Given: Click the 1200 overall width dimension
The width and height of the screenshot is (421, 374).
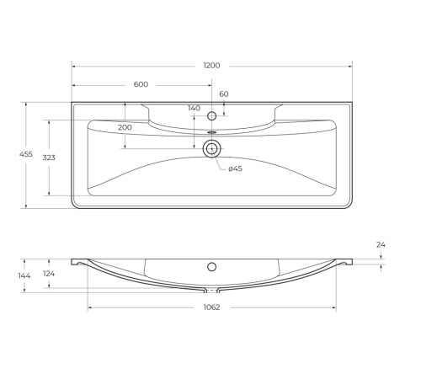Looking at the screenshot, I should (x=211, y=66).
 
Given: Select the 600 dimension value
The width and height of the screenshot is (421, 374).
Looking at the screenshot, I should (x=141, y=84).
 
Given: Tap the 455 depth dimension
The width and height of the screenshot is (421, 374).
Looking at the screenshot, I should (x=12, y=154).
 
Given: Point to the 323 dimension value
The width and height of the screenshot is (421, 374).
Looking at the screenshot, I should (x=37, y=158).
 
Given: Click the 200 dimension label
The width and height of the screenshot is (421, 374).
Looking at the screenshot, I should (x=125, y=127).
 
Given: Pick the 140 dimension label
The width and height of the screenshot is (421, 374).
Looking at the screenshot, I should (x=195, y=109).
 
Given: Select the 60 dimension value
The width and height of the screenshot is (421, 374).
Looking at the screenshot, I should (x=224, y=94).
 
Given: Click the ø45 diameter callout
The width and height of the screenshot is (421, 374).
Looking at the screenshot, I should (x=236, y=169).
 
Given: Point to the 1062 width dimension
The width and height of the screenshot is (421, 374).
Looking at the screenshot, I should (x=211, y=307).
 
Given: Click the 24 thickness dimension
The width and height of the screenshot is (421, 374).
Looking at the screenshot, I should (x=381, y=245).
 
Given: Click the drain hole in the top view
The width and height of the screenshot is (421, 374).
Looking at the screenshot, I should (x=211, y=149).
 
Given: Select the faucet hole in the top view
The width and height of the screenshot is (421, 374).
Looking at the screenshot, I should (x=211, y=115).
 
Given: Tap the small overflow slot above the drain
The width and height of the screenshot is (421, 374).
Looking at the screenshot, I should (x=211, y=132).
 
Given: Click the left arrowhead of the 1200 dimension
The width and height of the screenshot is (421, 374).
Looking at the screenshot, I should (x=74, y=66).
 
